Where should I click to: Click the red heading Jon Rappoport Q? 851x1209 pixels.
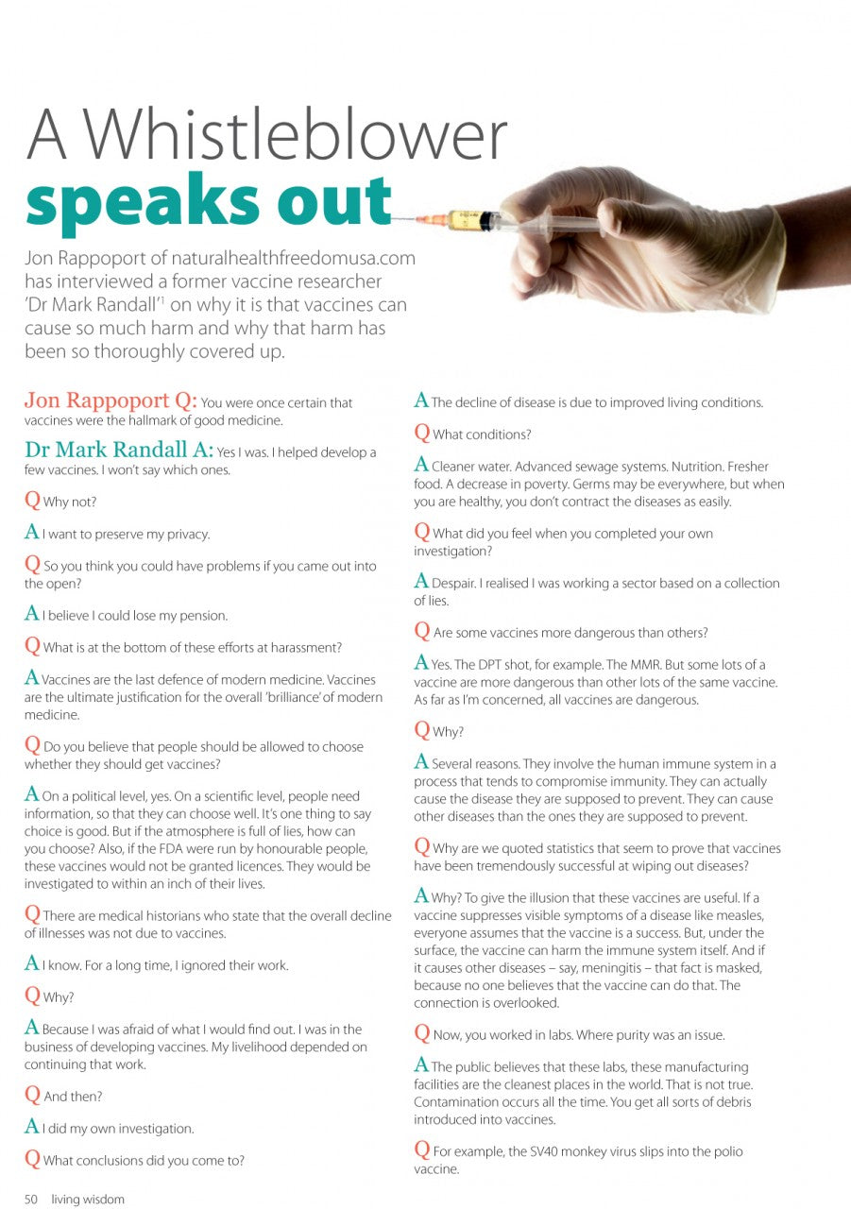111,400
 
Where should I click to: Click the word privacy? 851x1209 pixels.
185,534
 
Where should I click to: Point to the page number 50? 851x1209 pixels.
31,1200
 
